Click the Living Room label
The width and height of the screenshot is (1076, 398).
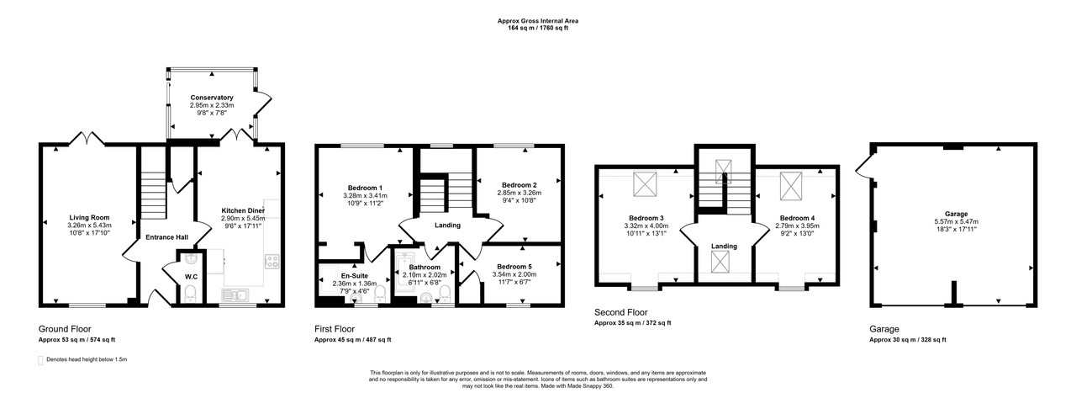click(x=89, y=217)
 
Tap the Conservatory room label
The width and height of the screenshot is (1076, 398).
click(x=211, y=98)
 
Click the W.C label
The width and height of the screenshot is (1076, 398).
click(x=191, y=277)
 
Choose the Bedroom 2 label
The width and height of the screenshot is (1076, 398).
click(x=519, y=185)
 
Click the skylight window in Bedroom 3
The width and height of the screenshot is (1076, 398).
click(x=645, y=183)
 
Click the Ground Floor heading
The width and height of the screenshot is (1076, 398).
click(x=65, y=329)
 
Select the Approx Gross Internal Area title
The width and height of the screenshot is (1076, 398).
click(x=537, y=19)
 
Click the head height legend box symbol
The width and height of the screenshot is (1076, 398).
click(x=41, y=360)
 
